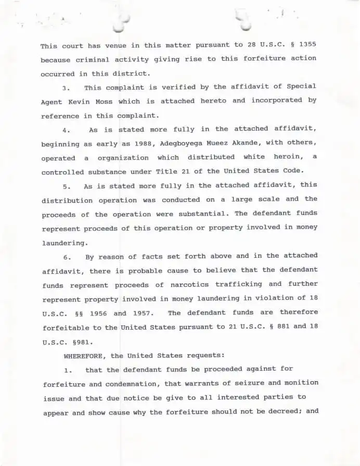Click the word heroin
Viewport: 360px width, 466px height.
[x=286, y=157]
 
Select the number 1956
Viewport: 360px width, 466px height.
[x=98, y=314]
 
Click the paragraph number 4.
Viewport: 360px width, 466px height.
[x=65, y=130]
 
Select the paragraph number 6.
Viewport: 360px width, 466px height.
[x=66, y=257]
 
